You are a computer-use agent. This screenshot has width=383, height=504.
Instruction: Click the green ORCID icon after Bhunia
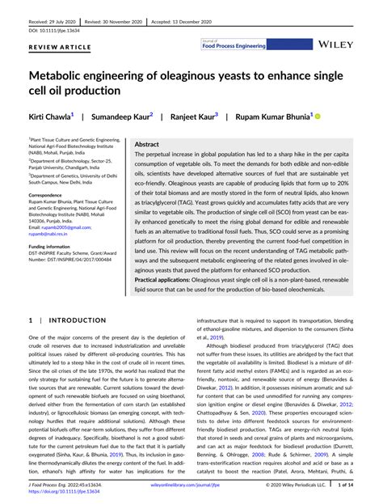(318, 116)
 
